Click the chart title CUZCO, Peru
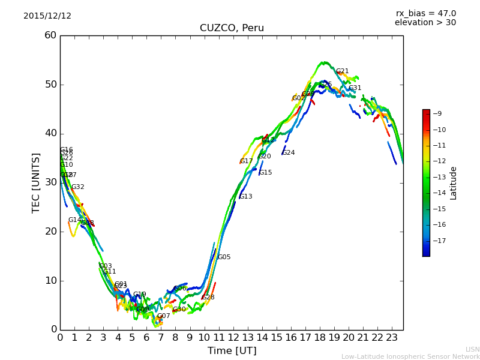point(232,28)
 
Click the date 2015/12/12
point(47,16)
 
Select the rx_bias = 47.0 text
point(425,14)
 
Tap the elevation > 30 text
point(425,23)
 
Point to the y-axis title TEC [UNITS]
point(36,182)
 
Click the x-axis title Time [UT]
point(232,350)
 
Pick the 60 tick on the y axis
point(50,35)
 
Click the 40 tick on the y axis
point(50,133)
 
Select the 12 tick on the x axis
point(233,337)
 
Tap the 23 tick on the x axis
point(392,337)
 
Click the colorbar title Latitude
point(454,183)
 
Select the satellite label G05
point(224,257)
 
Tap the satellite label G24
point(289,153)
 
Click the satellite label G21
point(342,71)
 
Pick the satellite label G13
point(245,197)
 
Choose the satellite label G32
point(78,187)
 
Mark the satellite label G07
point(164,316)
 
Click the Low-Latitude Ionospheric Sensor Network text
point(410,356)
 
